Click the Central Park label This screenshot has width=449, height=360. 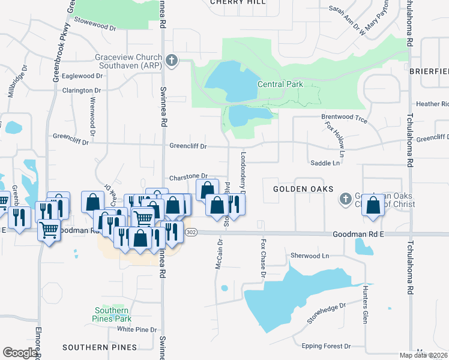pyautogui.click(x=280, y=85)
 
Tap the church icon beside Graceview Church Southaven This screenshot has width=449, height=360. pyautogui.click(x=172, y=60)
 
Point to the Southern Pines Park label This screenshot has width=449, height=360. pyautogui.click(x=112, y=314)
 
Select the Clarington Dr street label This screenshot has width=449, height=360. pyautogui.click(x=82, y=91)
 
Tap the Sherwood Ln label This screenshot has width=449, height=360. pyautogui.click(x=310, y=256)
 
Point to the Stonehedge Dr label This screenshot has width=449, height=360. pyautogui.click(x=327, y=313)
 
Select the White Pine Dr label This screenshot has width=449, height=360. pyautogui.click(x=137, y=329)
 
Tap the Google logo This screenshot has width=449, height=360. pyautogui.click(x=20, y=353)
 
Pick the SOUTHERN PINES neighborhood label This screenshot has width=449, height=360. pyautogui.click(x=99, y=347)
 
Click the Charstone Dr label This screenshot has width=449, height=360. pyautogui.click(x=188, y=176)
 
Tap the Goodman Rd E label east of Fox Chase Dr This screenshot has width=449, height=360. pyautogui.click(x=358, y=236)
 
